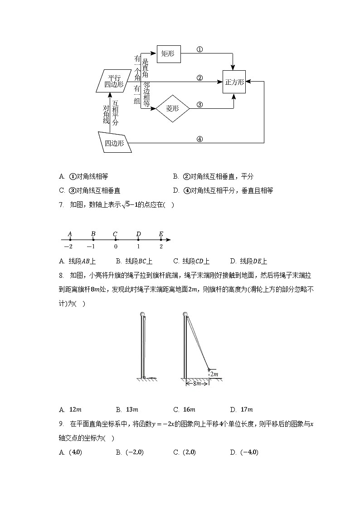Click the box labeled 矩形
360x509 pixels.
(x=168, y=53)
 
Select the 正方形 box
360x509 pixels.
(x=234, y=82)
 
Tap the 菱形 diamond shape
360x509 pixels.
(x=172, y=108)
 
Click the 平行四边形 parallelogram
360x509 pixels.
(x=113, y=81)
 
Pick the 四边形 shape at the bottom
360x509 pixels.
(x=115, y=143)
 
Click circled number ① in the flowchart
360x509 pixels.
(x=199, y=49)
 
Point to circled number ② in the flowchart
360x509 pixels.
(x=199, y=78)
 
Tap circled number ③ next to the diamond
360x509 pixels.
(x=199, y=104)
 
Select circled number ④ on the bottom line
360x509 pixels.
(x=199, y=139)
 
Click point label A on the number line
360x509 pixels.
(x=70, y=234)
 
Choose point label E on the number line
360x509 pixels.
(x=161, y=234)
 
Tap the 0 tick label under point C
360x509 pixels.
(x=116, y=247)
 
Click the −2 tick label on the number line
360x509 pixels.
(x=68, y=247)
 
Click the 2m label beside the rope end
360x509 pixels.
(x=214, y=374)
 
